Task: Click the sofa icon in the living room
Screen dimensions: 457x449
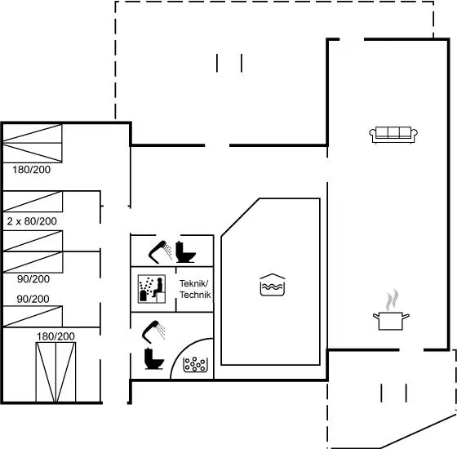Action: coord(393,135)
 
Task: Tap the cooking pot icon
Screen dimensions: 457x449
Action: coord(391,321)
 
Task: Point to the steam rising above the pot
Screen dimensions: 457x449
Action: coord(392,300)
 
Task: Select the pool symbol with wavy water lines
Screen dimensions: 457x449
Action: coord(273,285)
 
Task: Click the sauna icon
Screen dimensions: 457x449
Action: coord(152,289)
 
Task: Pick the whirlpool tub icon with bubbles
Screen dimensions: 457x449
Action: coord(195,364)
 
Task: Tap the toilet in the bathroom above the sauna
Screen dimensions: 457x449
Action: coord(185,252)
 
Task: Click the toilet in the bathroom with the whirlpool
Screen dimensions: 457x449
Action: coord(154,358)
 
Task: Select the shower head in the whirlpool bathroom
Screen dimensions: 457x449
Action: coord(153,331)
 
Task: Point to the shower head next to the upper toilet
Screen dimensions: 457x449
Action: coord(160,252)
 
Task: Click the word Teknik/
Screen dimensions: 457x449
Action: coord(194,283)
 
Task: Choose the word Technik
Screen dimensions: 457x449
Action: coord(195,295)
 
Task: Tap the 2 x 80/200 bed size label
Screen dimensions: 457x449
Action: coord(32,221)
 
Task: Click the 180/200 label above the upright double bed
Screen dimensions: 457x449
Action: coord(55,336)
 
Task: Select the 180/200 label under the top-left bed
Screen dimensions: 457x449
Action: coord(32,170)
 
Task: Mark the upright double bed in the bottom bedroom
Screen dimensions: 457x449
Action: coord(55,372)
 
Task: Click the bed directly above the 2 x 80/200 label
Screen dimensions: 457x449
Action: coord(33,201)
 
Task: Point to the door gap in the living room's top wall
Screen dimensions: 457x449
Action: coord(352,39)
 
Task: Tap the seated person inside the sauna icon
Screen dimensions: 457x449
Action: coord(158,287)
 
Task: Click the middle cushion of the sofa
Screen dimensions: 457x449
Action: coord(393,132)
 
